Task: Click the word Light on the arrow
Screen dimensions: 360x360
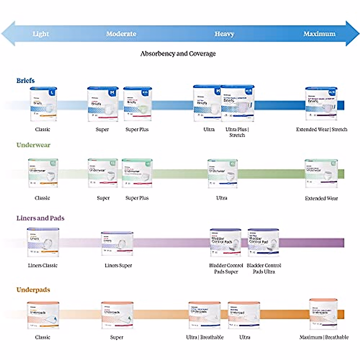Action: pos(41,34)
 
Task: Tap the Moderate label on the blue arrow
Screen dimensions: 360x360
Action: pos(121,34)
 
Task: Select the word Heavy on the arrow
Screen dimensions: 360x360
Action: pos(224,34)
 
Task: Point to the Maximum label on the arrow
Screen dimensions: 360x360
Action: pos(319,34)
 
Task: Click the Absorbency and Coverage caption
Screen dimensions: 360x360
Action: pos(178,54)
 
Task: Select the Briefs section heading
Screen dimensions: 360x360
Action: pos(25,81)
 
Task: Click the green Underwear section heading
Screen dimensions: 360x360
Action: pos(33,145)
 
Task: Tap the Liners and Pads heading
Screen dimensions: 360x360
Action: pos(40,218)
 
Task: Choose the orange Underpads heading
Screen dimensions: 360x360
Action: pos(33,290)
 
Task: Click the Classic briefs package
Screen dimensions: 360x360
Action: pos(43,104)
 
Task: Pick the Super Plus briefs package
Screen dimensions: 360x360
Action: pos(137,104)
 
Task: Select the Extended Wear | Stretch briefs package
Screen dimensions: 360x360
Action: pos(321,104)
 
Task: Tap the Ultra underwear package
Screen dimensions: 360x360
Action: pos(222,173)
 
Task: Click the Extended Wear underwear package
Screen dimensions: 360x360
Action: pos(321,173)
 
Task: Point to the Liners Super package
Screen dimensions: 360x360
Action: pos(117,243)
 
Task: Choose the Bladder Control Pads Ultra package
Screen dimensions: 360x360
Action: pos(263,242)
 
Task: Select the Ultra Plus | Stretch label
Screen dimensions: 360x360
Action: pos(237,132)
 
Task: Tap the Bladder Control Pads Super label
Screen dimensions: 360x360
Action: pos(226,268)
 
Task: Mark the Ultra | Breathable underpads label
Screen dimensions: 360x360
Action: pos(205,337)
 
